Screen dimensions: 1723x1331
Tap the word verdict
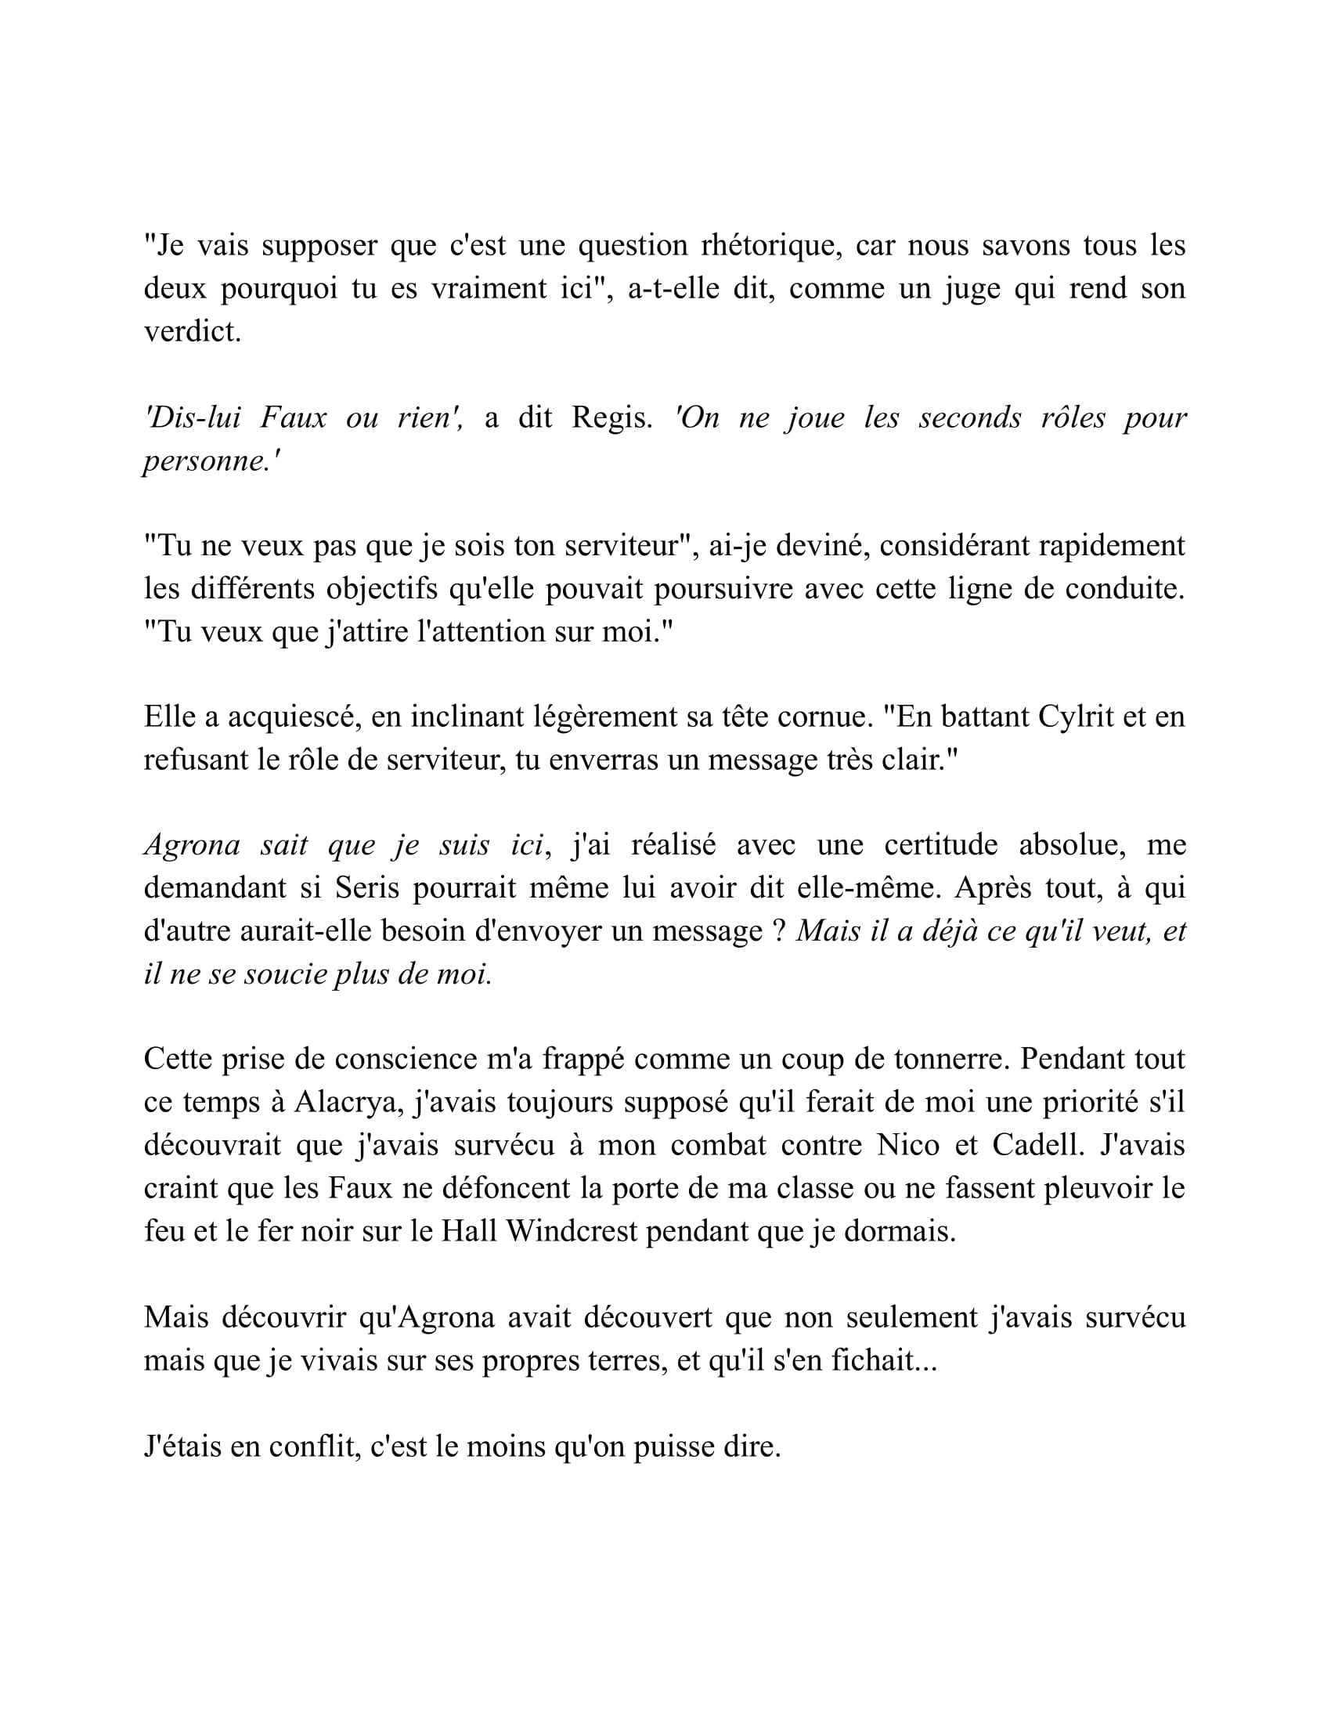click(192, 331)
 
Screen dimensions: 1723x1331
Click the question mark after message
click(777, 932)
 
